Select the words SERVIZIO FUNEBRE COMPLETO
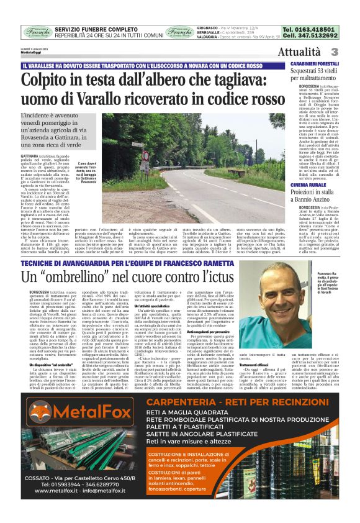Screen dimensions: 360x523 [96, 29]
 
